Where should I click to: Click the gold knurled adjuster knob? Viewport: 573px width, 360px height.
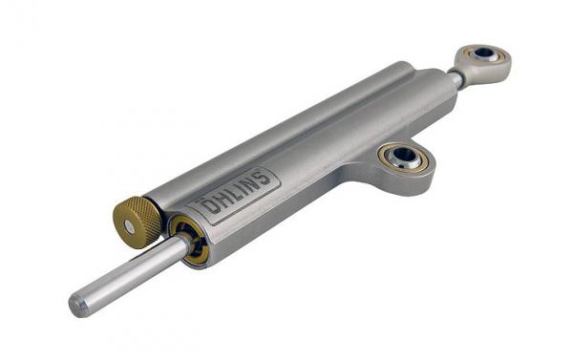pos(137,222)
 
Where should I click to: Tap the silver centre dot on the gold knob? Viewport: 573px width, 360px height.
pos(129,226)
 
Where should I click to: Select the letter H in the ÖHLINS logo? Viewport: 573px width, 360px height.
pos(223,200)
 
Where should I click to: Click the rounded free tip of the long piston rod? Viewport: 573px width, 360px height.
pos(76,307)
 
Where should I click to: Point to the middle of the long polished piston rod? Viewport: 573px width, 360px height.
pos(130,273)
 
